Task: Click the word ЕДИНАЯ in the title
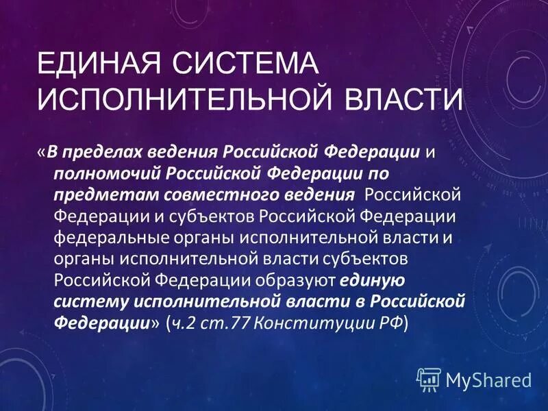click(x=95, y=65)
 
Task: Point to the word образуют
click(x=296, y=279)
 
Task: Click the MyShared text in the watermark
click(x=488, y=379)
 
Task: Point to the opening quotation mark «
click(x=41, y=151)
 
